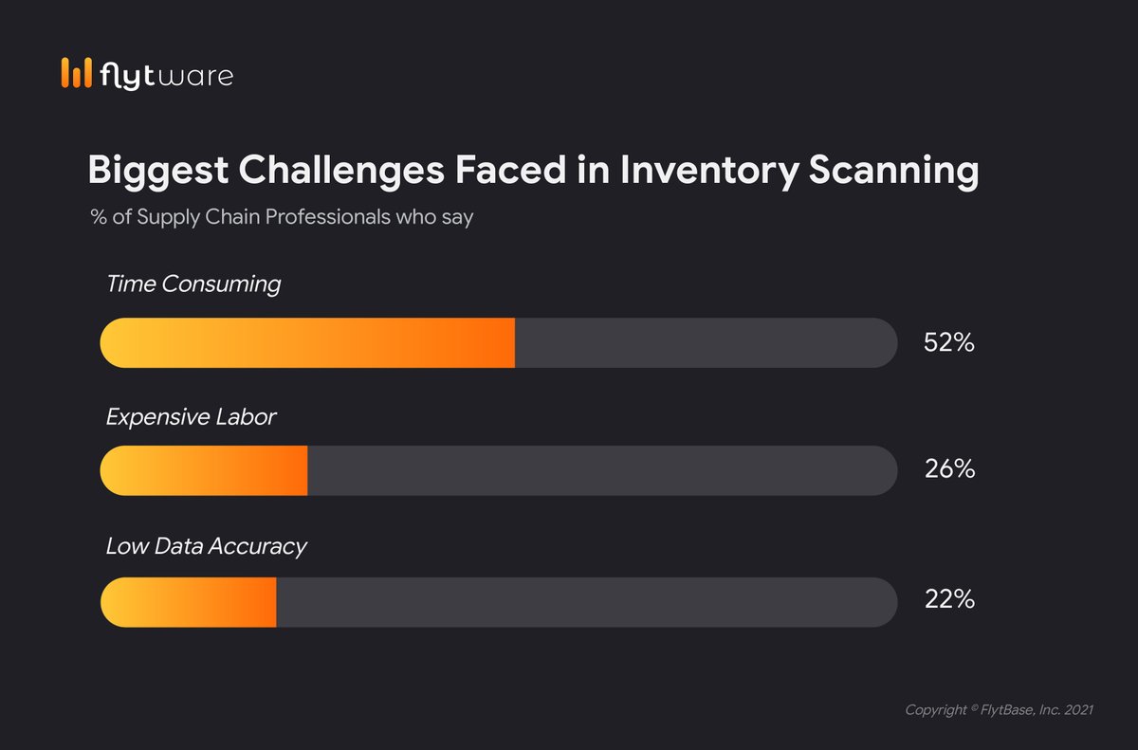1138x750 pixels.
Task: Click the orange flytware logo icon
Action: point(77,74)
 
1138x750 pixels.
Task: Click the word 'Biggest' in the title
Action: point(157,172)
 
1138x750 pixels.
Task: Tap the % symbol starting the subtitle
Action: point(98,217)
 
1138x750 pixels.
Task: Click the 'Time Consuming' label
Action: point(193,284)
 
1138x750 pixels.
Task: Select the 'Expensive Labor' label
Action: point(191,416)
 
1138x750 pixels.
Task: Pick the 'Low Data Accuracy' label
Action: point(206,546)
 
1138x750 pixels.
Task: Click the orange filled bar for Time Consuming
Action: point(307,343)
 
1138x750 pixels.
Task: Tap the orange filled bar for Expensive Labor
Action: point(204,470)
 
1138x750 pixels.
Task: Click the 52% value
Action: point(948,343)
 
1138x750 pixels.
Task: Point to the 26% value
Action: point(948,469)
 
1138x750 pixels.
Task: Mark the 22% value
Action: point(948,600)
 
